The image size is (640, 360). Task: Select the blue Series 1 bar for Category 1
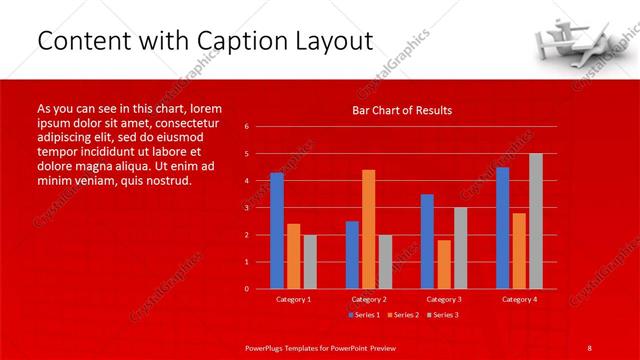pyautogui.click(x=277, y=230)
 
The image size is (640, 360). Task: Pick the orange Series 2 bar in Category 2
pyautogui.click(x=368, y=229)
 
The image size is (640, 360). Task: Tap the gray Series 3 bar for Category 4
pyautogui.click(x=536, y=221)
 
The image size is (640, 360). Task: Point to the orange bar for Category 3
pyautogui.click(x=443, y=264)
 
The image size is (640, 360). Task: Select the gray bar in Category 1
pyautogui.click(x=309, y=261)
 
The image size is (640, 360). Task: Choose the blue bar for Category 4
pyautogui.click(x=502, y=227)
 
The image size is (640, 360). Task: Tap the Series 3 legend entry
pyautogui.click(x=444, y=315)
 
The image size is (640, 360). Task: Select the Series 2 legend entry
pyautogui.click(x=404, y=315)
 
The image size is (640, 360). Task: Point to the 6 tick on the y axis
pyautogui.click(x=246, y=127)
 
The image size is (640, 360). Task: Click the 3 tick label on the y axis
pyautogui.click(x=246, y=208)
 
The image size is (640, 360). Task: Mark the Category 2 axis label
pyautogui.click(x=369, y=299)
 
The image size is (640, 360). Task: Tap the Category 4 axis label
pyautogui.click(x=519, y=299)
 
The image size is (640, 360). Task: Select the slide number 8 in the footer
pyautogui.click(x=590, y=347)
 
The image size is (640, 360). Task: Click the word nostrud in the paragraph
pyautogui.click(x=166, y=181)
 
